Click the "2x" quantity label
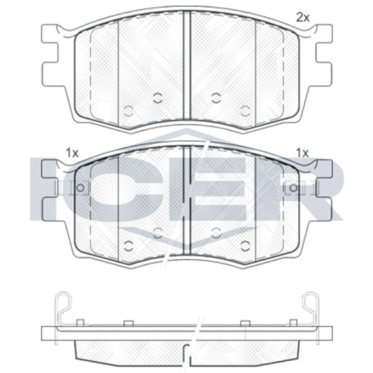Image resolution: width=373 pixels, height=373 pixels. pyautogui.click(x=302, y=17)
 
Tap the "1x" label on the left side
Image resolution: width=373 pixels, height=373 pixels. pyautogui.click(x=72, y=153)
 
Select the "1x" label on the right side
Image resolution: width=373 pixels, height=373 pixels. pyautogui.click(x=302, y=152)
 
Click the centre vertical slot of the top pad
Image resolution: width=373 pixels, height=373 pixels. pyautogui.click(x=187, y=65)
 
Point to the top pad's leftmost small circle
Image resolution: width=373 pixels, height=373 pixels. pyautogui.click(x=129, y=111)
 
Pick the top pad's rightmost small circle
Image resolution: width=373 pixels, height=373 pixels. pyautogui.click(x=245, y=111)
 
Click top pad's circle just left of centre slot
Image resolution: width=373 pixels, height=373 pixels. pyautogui.click(x=157, y=98)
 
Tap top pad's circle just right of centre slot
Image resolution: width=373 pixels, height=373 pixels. pyautogui.click(x=216, y=98)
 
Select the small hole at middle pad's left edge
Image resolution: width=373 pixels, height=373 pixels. pyautogui.click(x=80, y=188)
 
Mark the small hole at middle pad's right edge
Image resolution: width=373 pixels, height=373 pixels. pyautogui.click(x=293, y=188)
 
